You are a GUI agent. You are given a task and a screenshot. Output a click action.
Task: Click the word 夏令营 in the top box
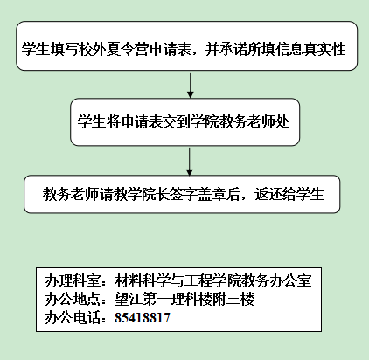point(127,49)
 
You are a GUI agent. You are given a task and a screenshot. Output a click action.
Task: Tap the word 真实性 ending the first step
point(324,49)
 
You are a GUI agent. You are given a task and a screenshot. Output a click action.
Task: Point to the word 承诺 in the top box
point(233,49)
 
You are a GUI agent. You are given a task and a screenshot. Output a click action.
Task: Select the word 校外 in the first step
point(92,49)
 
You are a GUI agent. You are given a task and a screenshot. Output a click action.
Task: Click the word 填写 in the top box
point(64,49)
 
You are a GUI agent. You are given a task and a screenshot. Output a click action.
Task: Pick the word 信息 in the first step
point(289,49)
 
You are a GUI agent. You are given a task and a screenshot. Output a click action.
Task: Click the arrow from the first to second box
point(190,86)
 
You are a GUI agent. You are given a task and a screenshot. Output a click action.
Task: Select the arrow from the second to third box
point(190,162)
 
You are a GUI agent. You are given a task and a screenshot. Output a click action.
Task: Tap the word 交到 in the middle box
point(177,121)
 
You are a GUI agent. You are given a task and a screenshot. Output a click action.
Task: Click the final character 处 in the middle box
point(282,121)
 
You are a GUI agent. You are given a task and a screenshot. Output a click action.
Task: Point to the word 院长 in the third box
point(155,194)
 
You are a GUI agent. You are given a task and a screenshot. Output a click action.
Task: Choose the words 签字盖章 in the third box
point(197,194)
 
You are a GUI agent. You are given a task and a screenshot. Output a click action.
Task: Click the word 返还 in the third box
point(268,194)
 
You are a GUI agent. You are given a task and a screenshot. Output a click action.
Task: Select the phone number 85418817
point(143,317)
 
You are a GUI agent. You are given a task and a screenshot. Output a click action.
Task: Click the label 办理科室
point(73,280)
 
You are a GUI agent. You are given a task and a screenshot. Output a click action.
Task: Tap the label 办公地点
point(73,299)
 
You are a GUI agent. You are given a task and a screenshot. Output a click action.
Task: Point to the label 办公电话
point(73,317)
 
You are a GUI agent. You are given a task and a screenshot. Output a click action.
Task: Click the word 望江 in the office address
point(129,299)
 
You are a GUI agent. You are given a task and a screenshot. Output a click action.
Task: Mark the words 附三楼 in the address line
point(233,299)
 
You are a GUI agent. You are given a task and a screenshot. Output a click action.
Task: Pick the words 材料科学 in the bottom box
point(143,280)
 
